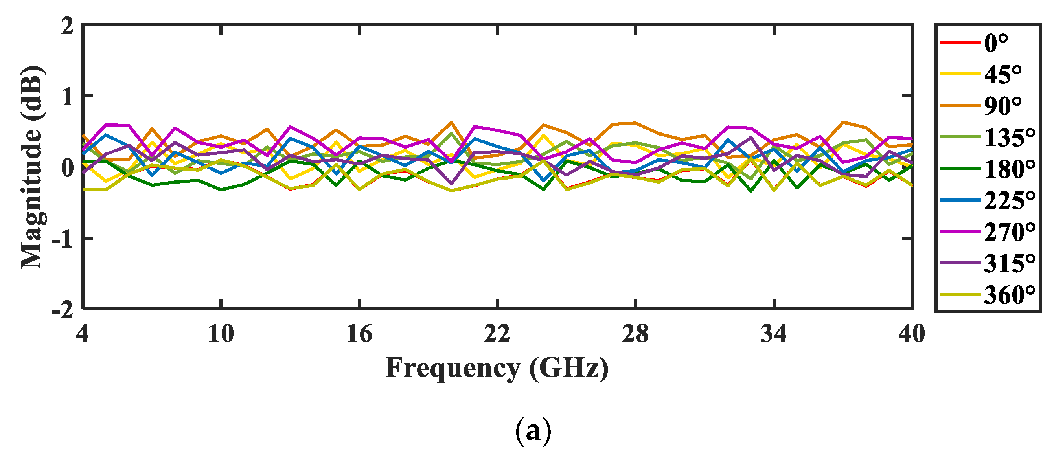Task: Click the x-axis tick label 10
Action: coord(221,334)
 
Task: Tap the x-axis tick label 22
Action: coord(497,334)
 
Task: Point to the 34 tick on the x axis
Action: coord(774,334)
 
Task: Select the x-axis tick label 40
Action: coord(912,334)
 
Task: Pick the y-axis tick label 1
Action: coord(68,97)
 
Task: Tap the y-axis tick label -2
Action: coord(63,310)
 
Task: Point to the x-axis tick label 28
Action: coord(635,334)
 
